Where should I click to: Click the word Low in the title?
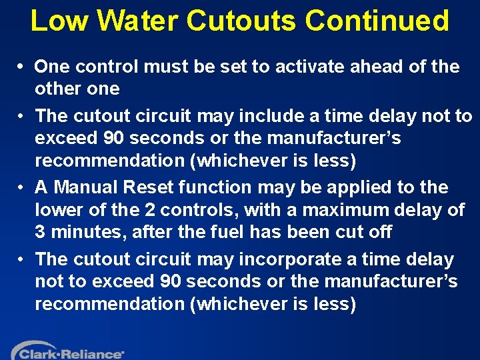click(x=59, y=21)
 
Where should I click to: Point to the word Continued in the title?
click(x=377, y=21)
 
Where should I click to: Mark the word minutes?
click(x=81, y=233)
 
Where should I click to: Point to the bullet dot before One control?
click(x=21, y=67)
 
